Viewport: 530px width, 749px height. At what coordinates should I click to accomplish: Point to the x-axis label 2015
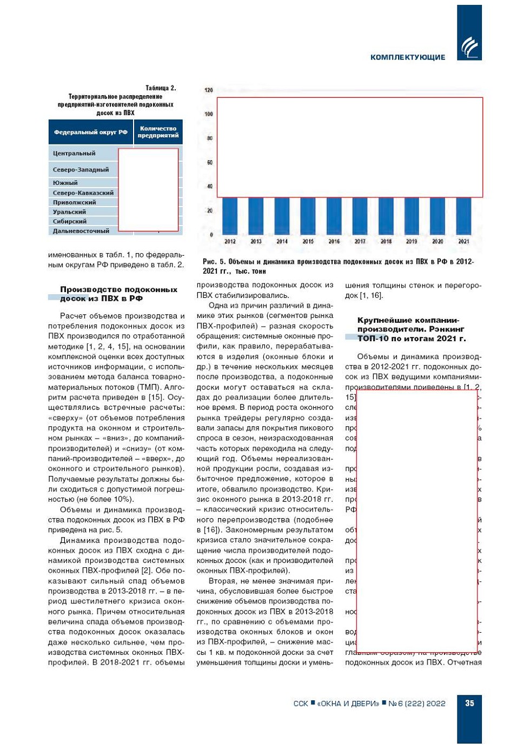[308, 242]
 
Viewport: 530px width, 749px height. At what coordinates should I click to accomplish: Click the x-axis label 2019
[412, 242]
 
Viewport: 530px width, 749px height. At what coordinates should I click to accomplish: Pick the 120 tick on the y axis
[209, 90]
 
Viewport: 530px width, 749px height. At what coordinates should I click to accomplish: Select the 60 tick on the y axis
[209, 162]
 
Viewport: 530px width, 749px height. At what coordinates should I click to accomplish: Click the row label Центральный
[74, 154]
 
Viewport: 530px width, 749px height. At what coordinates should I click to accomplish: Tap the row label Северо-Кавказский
[83, 193]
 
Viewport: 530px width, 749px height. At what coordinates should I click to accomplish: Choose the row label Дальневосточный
[81, 231]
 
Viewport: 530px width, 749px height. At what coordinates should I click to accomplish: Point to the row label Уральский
[69, 212]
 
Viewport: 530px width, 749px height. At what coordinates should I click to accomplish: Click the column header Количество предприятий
[158, 132]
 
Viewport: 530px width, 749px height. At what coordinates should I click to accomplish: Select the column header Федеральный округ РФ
[91, 132]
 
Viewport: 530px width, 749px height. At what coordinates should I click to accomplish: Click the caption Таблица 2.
[161, 88]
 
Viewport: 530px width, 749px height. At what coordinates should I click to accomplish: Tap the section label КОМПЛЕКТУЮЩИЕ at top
[408, 57]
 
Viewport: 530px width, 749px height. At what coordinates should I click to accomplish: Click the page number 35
[469, 703]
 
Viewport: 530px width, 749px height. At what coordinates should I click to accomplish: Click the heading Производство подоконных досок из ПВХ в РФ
[118, 294]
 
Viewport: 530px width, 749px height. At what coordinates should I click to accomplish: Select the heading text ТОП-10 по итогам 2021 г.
[411, 339]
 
